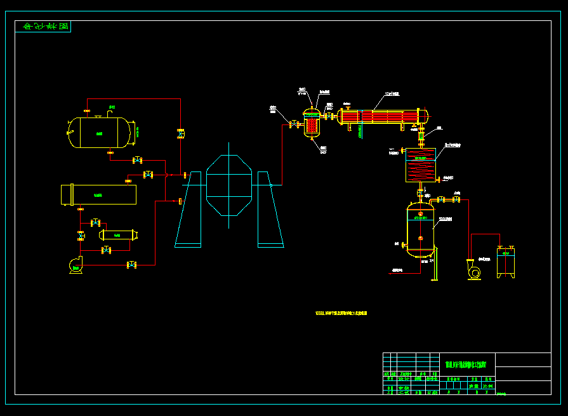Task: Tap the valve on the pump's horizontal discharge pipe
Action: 132,264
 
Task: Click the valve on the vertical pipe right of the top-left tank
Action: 181,133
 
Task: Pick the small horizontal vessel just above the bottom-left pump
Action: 119,235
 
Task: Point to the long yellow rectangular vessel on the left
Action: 98,194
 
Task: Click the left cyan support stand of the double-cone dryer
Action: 188,210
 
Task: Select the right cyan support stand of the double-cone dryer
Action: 270,210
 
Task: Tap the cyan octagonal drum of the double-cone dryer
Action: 229,185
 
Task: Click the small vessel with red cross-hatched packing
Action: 312,122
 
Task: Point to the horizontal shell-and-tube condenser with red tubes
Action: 383,117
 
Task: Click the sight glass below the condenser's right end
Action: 421,135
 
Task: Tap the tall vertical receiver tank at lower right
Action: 420,229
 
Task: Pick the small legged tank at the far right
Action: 506,262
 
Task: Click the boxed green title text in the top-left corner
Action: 43,27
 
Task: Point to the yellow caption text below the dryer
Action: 341,313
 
